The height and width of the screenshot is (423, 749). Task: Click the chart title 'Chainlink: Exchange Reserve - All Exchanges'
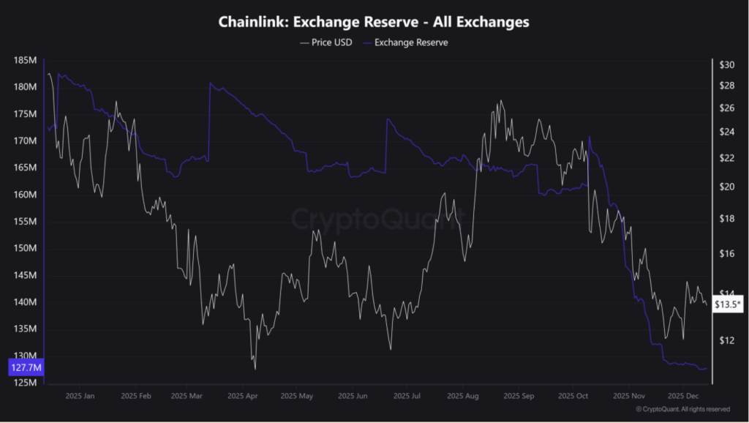point(374,22)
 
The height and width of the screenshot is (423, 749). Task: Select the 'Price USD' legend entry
point(326,42)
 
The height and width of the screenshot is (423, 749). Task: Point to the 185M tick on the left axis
point(26,60)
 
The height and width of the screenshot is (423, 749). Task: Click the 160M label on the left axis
point(26,195)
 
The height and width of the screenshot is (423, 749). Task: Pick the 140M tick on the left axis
point(26,302)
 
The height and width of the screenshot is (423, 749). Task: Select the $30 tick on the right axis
point(726,65)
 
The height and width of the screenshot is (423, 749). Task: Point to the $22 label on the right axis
point(726,158)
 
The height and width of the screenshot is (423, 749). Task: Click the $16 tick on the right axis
point(726,254)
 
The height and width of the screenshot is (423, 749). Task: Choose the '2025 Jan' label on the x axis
point(80,396)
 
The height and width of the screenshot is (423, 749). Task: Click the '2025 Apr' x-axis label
point(244,396)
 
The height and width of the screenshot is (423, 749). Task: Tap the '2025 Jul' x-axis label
point(406,396)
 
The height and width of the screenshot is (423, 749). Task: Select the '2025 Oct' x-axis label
point(572,396)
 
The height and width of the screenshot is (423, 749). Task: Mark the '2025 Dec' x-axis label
point(682,396)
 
